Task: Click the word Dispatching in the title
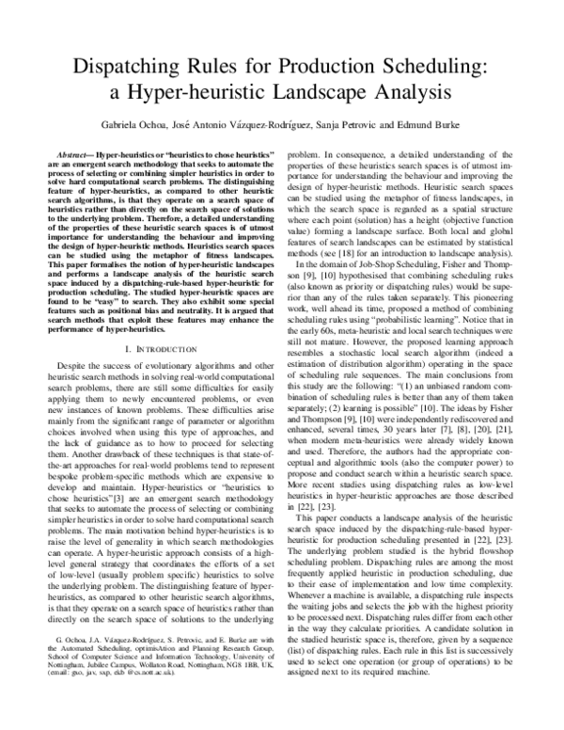118,69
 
